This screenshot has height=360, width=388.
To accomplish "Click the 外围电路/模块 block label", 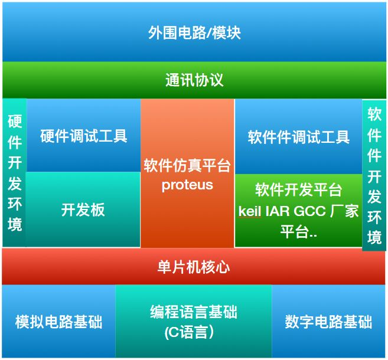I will click(194, 32).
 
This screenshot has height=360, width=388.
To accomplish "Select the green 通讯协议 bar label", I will click(194, 80).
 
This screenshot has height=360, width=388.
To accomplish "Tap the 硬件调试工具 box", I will click(83, 136).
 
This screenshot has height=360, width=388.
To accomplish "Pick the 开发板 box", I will click(83, 210).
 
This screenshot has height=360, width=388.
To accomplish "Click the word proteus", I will click(187, 185).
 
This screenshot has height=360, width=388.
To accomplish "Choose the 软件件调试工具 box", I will click(298, 137).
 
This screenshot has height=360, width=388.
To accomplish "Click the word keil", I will click(250, 211).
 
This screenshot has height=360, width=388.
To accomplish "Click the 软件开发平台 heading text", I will click(298, 189).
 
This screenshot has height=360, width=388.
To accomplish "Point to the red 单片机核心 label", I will click(194, 267).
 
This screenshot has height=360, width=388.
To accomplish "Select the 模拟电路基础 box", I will click(58, 322).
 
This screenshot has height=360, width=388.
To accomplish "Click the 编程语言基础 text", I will click(194, 312).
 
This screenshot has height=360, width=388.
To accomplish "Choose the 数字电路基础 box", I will click(328, 322).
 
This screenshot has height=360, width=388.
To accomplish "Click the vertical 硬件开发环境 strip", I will click(15, 172).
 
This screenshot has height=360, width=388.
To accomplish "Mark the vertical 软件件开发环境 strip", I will click(374, 175).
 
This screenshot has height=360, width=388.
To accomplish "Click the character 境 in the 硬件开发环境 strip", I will click(15, 225).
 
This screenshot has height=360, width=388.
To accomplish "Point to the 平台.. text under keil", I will click(298, 232).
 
